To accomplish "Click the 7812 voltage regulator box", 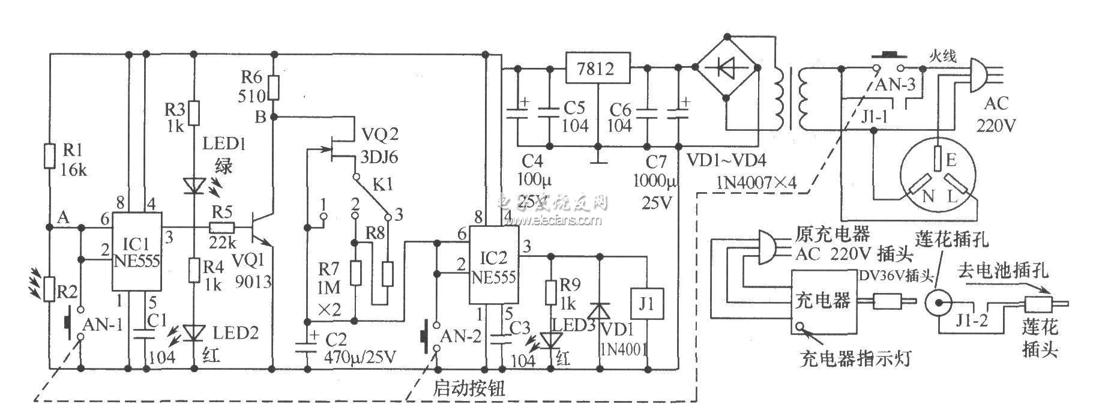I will [x=597, y=68].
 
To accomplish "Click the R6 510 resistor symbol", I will [x=274, y=88].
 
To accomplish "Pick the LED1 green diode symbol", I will [x=193, y=185].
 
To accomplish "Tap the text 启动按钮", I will [x=468, y=388].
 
